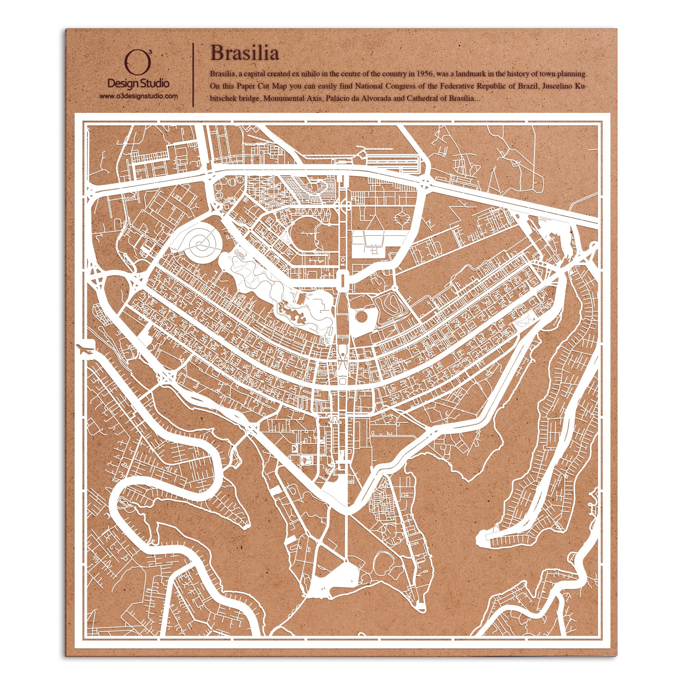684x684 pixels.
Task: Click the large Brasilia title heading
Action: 244,53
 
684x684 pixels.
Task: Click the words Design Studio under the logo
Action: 138,83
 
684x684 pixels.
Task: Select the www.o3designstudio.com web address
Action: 138,96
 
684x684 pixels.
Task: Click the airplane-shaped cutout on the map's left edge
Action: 85,349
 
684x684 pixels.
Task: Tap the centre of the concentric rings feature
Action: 201,243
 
